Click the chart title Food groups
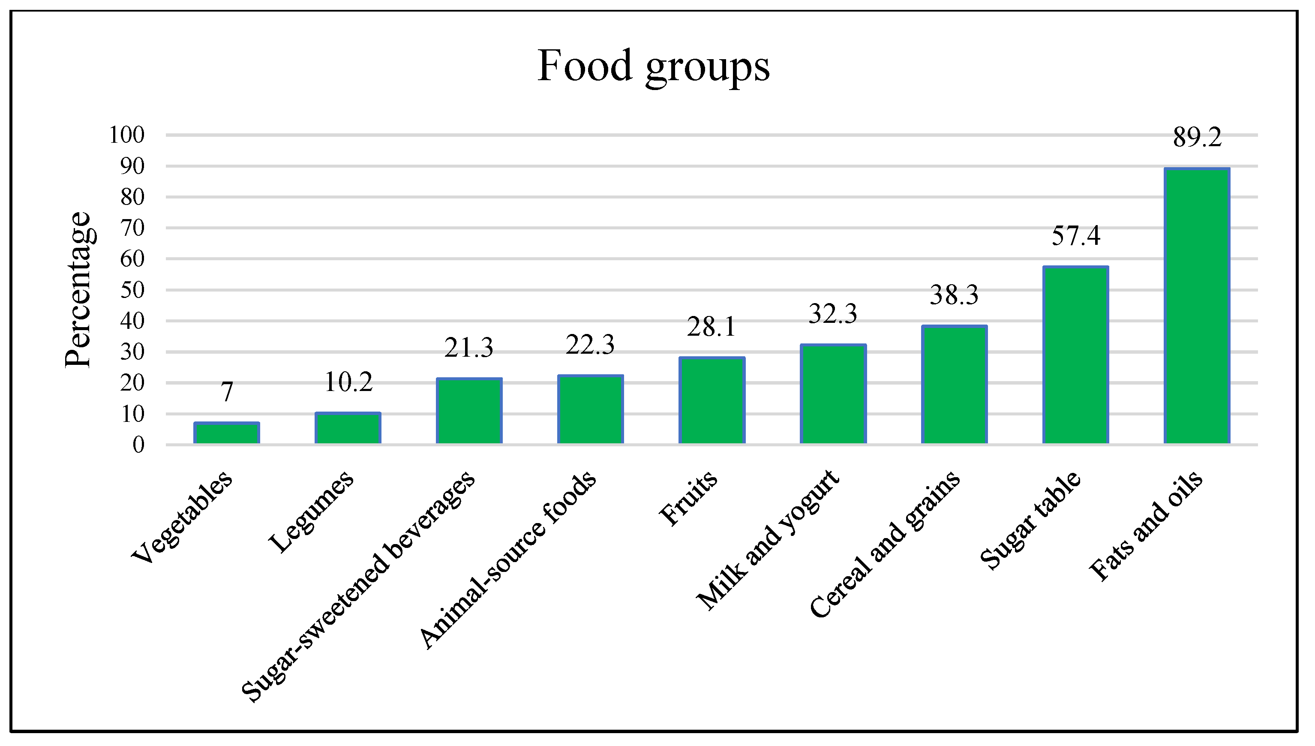[653, 66]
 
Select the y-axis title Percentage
[78, 289]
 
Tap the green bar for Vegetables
[226, 433]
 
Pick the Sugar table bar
[1075, 355]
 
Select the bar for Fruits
[712, 401]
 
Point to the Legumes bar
[348, 428]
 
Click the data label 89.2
[1197, 138]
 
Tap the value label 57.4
[1076, 236]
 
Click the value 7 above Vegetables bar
[227, 392]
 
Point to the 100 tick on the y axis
[127, 135]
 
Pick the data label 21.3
[468, 349]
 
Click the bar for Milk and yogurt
[833, 394]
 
